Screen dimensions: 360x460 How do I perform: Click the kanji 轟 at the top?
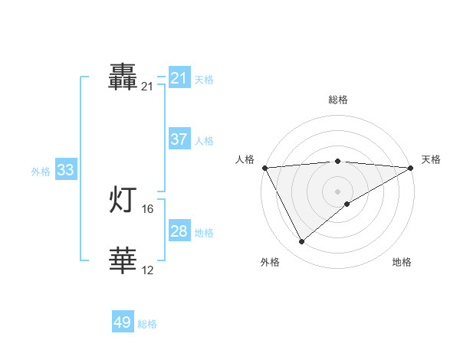point(123,78)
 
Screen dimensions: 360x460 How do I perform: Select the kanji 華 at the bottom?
point(123,261)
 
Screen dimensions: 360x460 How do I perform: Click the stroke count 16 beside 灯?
point(148,208)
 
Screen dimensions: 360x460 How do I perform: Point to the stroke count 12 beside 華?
point(148,270)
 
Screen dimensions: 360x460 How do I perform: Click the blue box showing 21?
point(179,78)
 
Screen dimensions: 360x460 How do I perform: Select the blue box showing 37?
point(179,139)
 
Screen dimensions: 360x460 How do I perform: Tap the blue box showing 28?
point(179,231)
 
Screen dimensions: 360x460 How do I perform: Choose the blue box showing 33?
point(65,170)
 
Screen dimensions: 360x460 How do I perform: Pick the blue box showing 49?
point(123,322)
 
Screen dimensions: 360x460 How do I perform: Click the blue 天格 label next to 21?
point(204,79)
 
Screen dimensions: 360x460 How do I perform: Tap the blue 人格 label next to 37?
point(204,140)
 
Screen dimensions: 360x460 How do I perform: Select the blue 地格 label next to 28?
point(204,232)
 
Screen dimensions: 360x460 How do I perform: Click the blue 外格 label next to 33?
point(41,172)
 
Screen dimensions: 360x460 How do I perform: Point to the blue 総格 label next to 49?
point(147,324)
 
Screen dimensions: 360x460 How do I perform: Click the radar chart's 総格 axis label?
point(337,100)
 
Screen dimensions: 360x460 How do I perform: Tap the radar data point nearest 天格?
point(411,168)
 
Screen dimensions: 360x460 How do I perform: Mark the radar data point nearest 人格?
point(264,168)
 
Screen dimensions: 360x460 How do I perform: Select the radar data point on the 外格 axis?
point(301,242)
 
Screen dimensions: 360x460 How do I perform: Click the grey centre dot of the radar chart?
point(337,191)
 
